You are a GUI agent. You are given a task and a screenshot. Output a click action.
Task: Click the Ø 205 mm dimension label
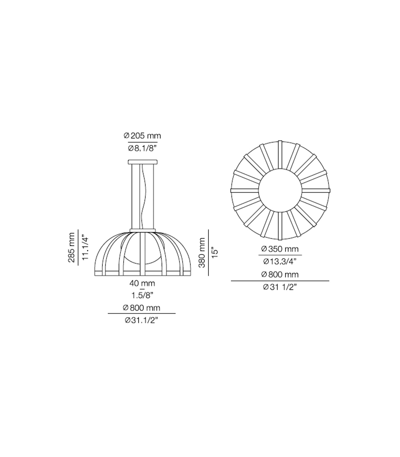tap(142, 136)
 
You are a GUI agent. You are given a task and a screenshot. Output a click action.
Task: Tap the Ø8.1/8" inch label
tap(143, 148)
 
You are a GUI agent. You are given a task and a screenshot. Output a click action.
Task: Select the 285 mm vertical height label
tap(72, 247)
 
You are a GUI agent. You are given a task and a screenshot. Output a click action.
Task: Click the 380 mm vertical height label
tap(202, 252)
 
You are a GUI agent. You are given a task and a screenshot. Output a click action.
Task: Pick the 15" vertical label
tap(215, 252)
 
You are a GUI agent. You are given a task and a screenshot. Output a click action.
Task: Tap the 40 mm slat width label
tap(142, 283)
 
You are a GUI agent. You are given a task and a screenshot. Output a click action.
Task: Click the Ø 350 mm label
tap(280, 249)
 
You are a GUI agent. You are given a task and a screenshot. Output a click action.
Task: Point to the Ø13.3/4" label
tap(280, 261)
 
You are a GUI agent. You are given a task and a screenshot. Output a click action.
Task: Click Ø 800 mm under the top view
tap(280, 274)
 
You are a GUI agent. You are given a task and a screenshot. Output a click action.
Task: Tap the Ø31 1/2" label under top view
tap(280, 287)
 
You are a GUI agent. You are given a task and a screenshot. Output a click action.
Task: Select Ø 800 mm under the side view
tap(141, 308)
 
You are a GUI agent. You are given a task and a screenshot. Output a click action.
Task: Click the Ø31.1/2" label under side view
tap(141, 320)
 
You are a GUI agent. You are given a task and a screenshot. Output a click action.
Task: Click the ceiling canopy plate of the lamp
tap(143, 162)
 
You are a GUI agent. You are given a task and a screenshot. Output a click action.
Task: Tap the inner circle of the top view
tap(280, 190)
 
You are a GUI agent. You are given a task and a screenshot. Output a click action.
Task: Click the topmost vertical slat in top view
tap(280, 154)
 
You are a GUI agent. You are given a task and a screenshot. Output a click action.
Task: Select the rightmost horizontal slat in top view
tap(316, 190)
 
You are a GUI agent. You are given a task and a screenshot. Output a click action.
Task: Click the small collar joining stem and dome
tap(143, 230)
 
